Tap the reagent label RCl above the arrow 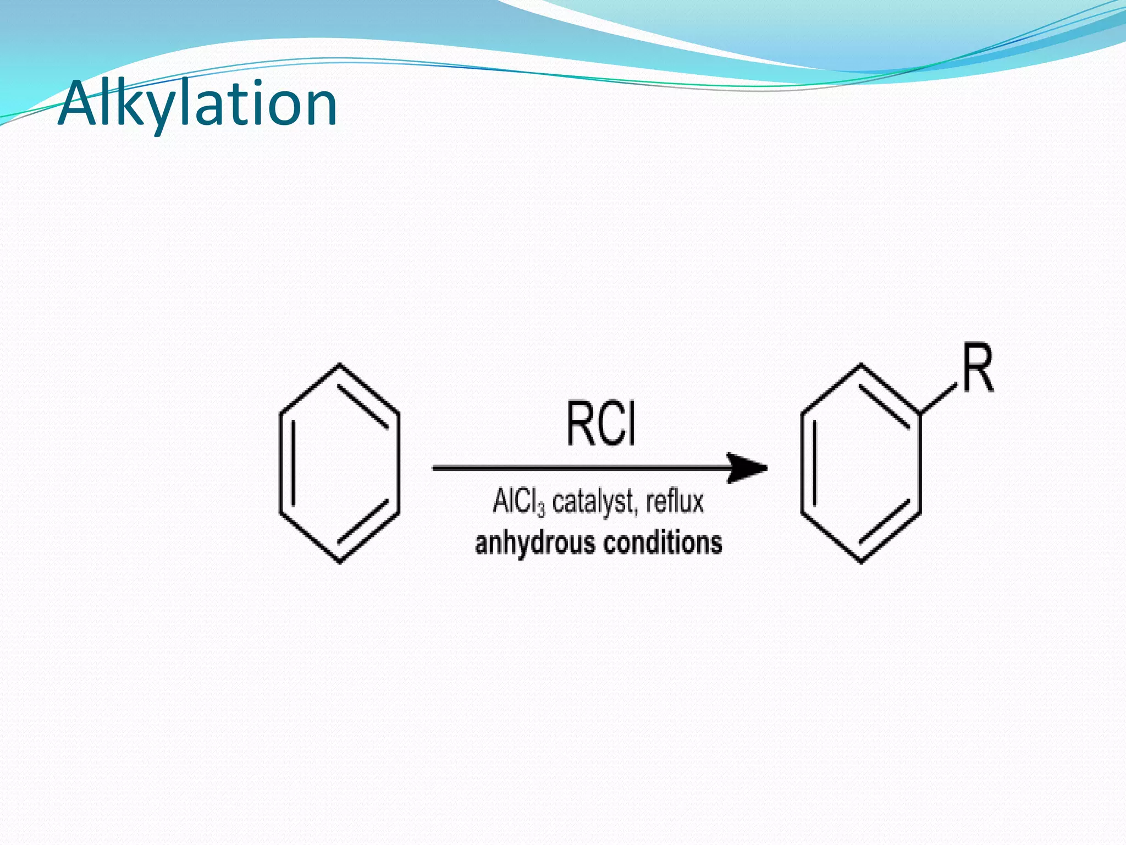click(601, 424)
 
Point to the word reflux click(675, 502)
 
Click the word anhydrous click(535, 543)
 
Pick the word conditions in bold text click(663, 542)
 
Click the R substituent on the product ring click(978, 368)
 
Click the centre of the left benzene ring click(339, 463)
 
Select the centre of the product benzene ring click(860, 463)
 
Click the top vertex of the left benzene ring click(339, 364)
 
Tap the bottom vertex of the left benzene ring click(339, 562)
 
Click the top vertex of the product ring click(860, 364)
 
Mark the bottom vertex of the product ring click(860, 562)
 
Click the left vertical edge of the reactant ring click(281, 463)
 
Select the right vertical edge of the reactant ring click(398, 463)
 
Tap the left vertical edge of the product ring click(802, 463)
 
